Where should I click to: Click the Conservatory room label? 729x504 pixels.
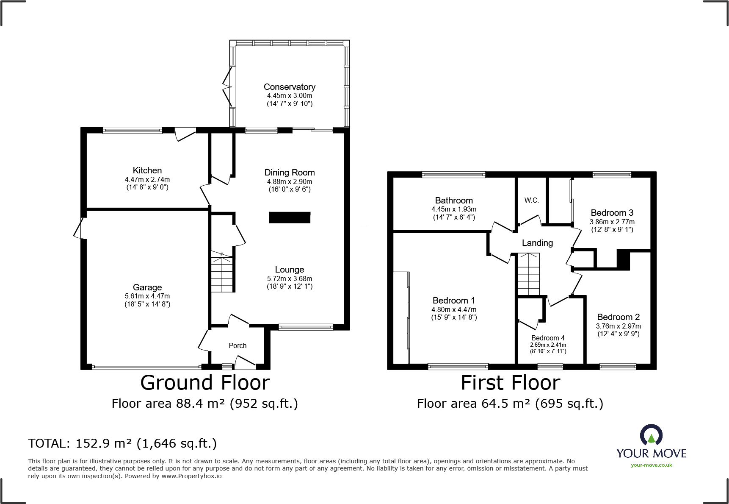[289, 87]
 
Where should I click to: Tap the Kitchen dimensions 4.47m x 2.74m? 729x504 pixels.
[147, 180]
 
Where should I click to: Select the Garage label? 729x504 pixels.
[147, 287]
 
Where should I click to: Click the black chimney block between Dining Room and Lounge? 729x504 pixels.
[290, 217]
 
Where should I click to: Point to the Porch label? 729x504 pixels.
[237, 345]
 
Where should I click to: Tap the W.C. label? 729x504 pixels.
[531, 200]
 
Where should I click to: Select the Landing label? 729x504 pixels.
[537, 243]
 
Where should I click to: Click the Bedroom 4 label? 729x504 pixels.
[548, 338]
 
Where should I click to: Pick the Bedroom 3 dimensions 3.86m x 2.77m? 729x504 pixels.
[612, 222]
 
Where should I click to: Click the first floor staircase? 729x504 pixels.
[529, 274]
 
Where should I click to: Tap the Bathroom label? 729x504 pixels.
[454, 200]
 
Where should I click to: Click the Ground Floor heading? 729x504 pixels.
[205, 383]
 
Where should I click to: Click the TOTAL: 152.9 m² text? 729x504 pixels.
[122, 443]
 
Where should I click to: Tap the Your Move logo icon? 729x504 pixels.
[651, 435]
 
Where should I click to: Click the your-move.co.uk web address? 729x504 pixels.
[651, 465]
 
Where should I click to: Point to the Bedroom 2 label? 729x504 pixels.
[618, 317]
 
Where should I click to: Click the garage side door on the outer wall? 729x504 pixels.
[79, 228]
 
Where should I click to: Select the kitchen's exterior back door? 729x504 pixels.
[185, 134]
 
